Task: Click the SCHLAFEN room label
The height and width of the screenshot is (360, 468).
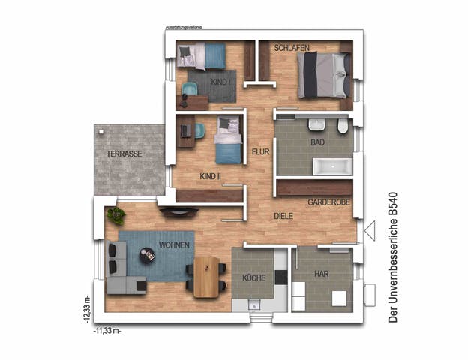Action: pyautogui.click(x=292, y=48)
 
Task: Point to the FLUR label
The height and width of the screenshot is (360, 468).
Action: pyautogui.click(x=260, y=151)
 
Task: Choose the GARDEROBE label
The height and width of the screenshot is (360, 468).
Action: pyautogui.click(x=330, y=202)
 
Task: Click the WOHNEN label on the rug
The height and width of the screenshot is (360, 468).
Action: pyautogui.click(x=173, y=245)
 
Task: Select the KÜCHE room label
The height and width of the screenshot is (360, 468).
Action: pyautogui.click(x=253, y=278)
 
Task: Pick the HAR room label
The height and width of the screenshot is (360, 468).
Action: pyautogui.click(x=321, y=274)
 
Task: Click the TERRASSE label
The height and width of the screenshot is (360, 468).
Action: pyautogui.click(x=124, y=154)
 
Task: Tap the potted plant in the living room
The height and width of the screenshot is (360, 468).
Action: pyautogui.click(x=115, y=216)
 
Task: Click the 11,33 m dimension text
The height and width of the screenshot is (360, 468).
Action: pyautogui.click(x=107, y=329)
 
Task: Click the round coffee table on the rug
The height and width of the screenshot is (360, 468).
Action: pyautogui.click(x=148, y=256)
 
